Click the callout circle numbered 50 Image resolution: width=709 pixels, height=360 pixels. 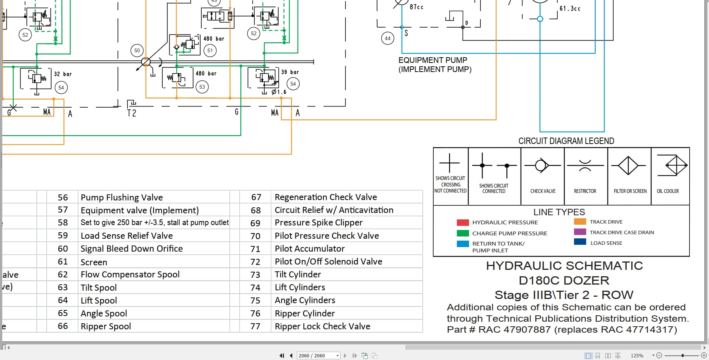pyautogui.click(x=137, y=50)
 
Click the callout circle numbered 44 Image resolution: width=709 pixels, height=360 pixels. pyautogui.click(x=387, y=38)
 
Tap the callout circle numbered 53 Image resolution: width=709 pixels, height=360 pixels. pyautogui.click(x=202, y=87)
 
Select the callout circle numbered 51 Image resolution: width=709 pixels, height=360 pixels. pyautogui.click(x=210, y=50)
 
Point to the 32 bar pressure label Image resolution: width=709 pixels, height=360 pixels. pyautogui.click(x=63, y=74)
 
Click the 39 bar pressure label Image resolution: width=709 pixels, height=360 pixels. pyautogui.click(x=290, y=72)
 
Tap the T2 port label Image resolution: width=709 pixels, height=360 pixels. pyautogui.click(x=132, y=113)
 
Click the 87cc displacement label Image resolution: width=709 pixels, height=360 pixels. pyautogui.click(x=416, y=7)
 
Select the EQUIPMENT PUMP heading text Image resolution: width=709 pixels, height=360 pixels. pyautogui.click(x=433, y=60)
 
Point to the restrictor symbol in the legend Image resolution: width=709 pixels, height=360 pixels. pyautogui.click(x=585, y=166)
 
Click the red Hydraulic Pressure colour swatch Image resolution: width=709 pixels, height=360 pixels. pyautogui.click(x=463, y=222)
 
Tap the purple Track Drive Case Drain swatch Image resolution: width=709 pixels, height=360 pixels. pyautogui.click(x=580, y=232)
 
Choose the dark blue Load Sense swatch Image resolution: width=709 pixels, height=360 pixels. pyautogui.click(x=580, y=242)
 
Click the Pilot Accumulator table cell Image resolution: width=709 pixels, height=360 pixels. pyautogui.click(x=310, y=249)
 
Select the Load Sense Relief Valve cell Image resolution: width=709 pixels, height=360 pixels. pyautogui.click(x=127, y=236)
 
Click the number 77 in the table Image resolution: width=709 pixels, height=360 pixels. pyautogui.click(x=256, y=326)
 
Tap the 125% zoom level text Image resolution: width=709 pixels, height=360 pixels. pyautogui.click(x=637, y=355)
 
